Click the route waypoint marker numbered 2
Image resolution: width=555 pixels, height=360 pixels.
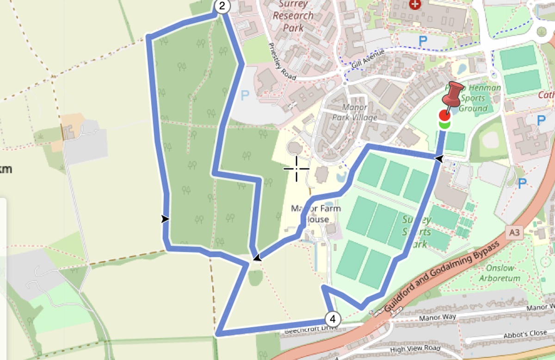point(222,6)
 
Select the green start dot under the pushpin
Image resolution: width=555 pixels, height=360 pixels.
point(444,124)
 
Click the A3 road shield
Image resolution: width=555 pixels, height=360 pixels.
point(513,232)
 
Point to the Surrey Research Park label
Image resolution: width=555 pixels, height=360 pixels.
point(294,16)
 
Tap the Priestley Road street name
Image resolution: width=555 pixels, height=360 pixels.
point(282,62)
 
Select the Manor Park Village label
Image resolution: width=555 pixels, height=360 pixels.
point(354,112)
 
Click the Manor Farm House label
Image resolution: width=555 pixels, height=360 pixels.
point(316,214)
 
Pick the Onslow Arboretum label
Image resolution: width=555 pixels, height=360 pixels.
point(500,273)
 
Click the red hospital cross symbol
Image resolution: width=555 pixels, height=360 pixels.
point(416,5)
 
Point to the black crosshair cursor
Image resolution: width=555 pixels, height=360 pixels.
point(296,169)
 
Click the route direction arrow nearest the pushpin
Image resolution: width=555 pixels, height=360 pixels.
point(438,159)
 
